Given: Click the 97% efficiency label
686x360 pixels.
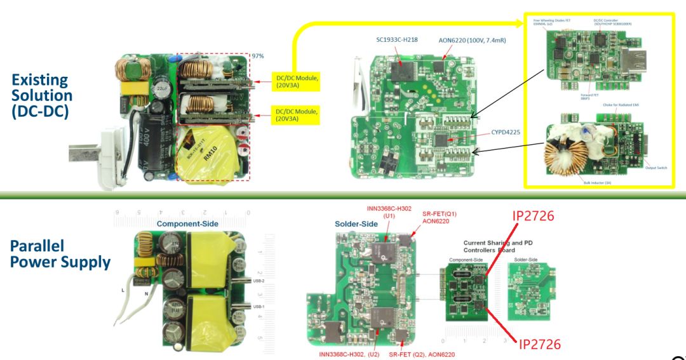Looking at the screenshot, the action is [258, 56].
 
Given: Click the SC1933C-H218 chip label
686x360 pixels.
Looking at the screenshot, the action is [397, 39].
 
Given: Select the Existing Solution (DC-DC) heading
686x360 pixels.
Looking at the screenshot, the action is [42, 96].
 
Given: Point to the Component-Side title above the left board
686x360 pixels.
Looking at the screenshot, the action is [187, 223].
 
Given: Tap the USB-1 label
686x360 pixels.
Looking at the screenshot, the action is [259, 307].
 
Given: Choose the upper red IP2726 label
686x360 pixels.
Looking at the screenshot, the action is [537, 216].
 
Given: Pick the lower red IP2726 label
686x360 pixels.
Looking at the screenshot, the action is [540, 343].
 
